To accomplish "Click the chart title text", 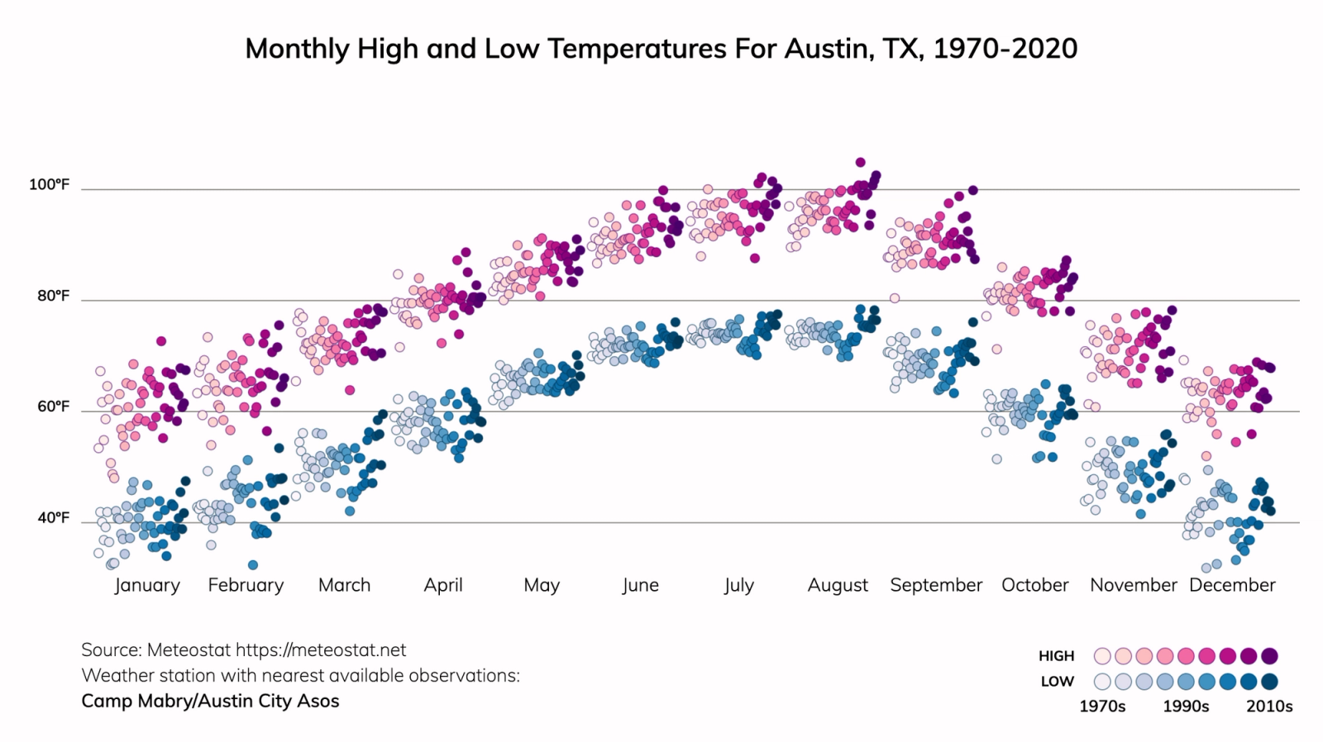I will click(661, 49).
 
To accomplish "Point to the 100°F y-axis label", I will click(50, 184).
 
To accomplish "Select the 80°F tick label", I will click(53, 296).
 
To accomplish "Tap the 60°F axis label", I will click(53, 407).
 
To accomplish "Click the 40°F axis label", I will click(53, 518).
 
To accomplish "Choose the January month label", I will click(147, 585).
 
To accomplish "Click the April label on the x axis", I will click(443, 585).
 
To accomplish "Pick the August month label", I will click(838, 585).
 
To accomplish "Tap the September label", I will click(936, 585).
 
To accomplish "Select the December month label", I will click(1232, 585).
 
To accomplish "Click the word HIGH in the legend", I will click(1056, 656).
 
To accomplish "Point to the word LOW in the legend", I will click(1057, 682).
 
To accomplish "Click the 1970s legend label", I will click(1102, 706).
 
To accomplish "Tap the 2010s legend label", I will click(1269, 706).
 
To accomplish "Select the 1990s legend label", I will click(1186, 706).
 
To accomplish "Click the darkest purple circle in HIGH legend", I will click(1269, 656).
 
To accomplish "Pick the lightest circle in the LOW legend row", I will click(1102, 682).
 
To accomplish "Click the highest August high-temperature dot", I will click(860, 163).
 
